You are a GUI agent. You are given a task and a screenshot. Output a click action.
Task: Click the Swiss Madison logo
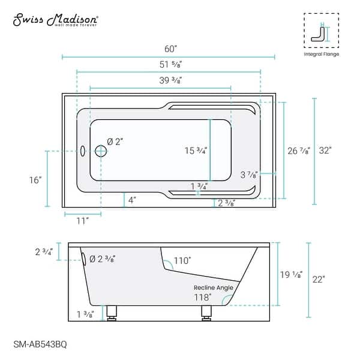56,20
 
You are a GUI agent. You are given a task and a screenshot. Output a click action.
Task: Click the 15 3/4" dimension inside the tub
195,151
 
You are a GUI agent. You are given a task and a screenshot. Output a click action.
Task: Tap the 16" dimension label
35,179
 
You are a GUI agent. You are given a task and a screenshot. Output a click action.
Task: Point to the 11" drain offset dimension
83,220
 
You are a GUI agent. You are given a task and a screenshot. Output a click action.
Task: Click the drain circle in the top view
100,151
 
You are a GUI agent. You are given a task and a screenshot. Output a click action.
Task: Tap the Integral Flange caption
321,54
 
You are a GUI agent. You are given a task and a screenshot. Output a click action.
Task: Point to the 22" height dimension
319,280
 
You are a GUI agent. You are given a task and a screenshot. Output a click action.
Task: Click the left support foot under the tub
110,313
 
